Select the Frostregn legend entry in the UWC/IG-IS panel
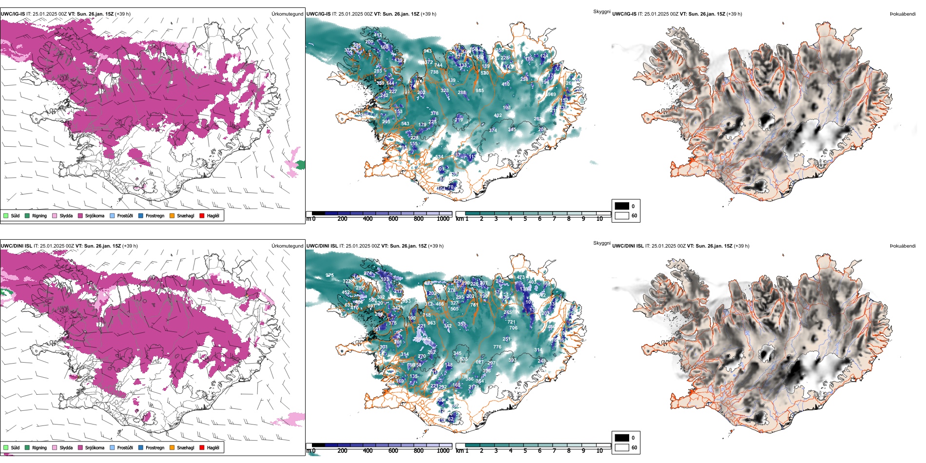click(154, 216)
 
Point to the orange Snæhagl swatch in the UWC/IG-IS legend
click(172, 215)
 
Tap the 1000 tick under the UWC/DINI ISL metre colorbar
click(443, 451)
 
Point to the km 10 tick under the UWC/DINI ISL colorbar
click(599, 451)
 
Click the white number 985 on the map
click(480, 91)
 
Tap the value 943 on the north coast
click(427, 51)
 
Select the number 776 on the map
click(497, 347)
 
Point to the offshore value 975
click(330, 275)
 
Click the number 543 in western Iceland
click(405, 124)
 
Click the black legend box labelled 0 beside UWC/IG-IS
click(622, 206)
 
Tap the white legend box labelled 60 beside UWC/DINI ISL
click(622, 447)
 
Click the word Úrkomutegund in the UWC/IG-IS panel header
click(287, 14)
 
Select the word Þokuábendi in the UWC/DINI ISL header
click(903, 246)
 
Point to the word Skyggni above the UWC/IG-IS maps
click(601, 12)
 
